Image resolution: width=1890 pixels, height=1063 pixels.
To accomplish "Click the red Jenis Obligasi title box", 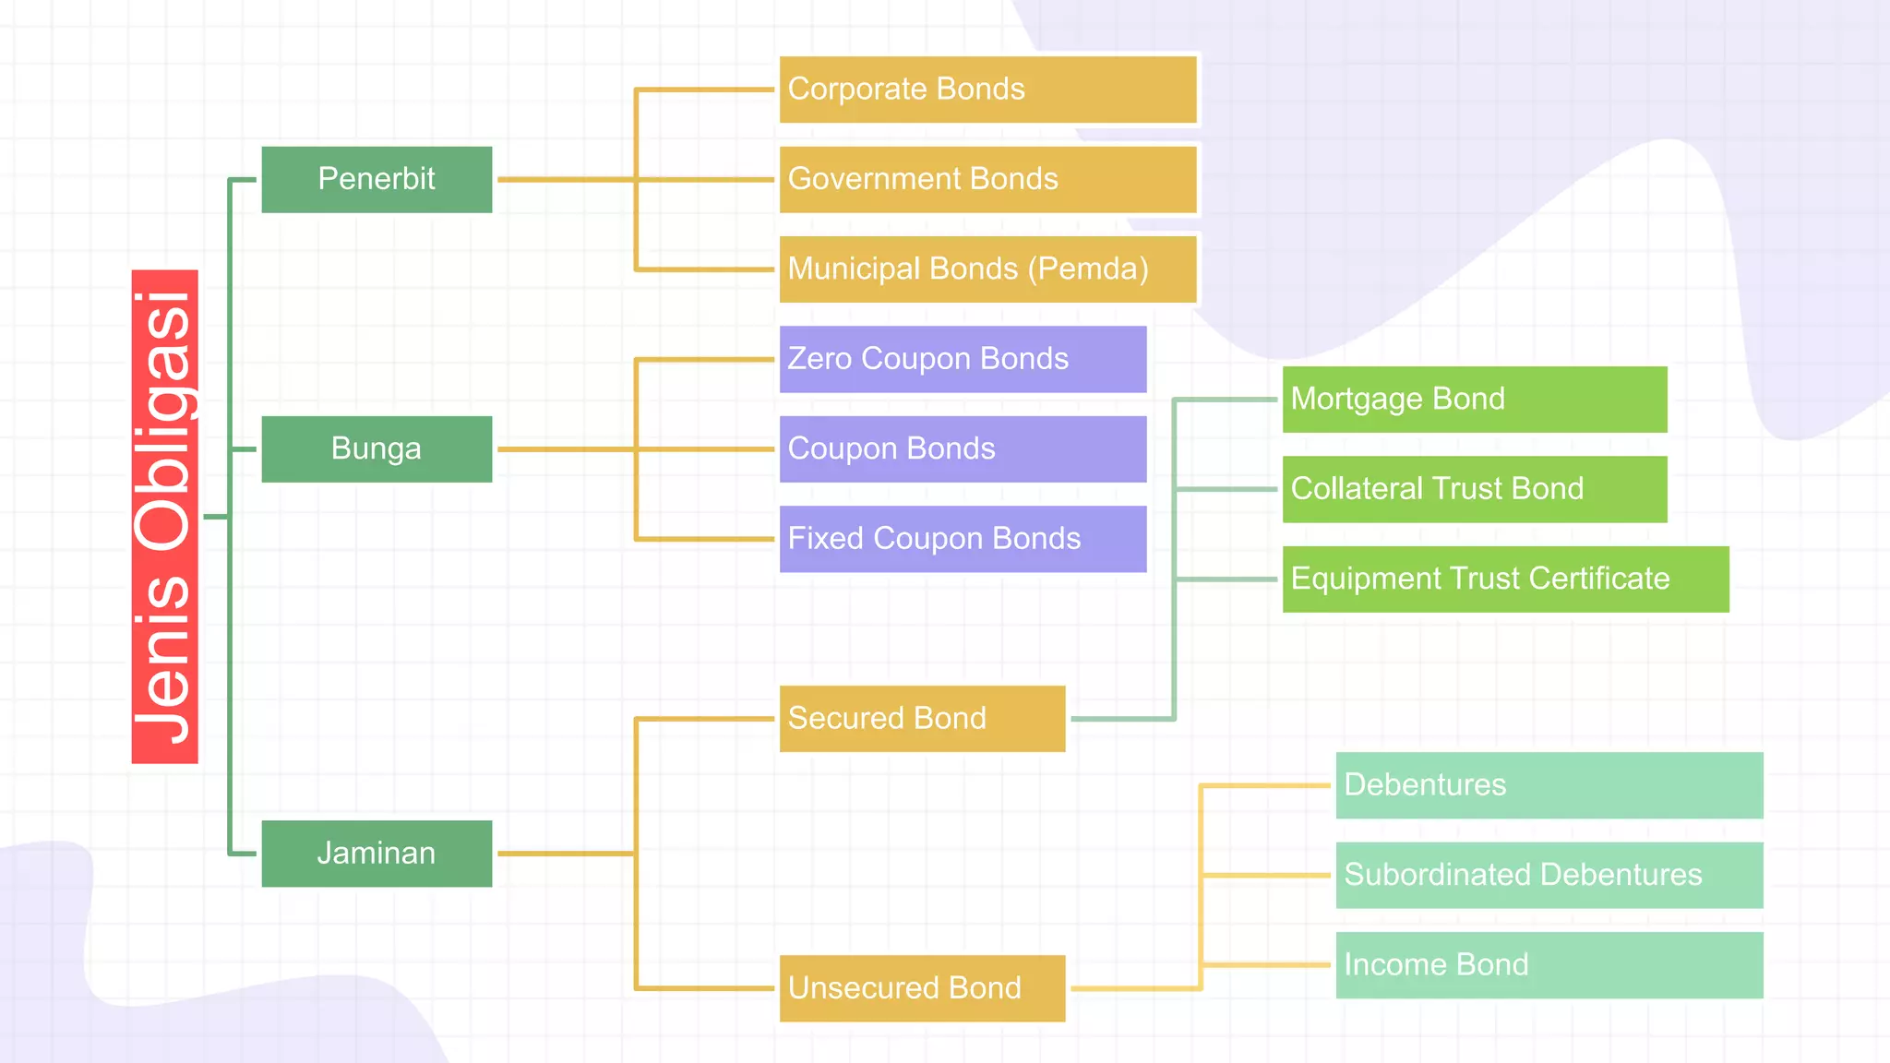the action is pos(164,517).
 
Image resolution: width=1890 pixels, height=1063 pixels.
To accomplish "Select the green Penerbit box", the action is pos(377,179).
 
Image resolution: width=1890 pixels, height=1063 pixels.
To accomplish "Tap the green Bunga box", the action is pos(377,449).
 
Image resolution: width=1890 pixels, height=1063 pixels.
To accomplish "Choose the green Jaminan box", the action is pos(377,854).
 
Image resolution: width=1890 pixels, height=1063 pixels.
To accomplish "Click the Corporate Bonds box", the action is pos(987,90).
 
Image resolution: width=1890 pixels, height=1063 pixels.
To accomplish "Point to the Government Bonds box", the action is pos(987,179).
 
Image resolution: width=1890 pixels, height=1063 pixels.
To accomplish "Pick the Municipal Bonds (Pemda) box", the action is pos(987,269).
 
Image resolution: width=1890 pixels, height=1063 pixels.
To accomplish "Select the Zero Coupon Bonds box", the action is pos(963,359).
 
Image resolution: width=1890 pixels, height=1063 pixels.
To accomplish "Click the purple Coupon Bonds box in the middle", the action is pos(963,449).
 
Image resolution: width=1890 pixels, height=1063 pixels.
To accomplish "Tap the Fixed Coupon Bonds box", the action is pos(963,539).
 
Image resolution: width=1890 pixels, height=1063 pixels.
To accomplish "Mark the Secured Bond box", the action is pos(922,719).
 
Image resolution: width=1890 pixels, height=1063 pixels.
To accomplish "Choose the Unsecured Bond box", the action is pos(922,988).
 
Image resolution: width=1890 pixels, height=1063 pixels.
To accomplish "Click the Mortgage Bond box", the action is pos(1474,400).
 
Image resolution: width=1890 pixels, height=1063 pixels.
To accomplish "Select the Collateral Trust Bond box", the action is pos(1474,489).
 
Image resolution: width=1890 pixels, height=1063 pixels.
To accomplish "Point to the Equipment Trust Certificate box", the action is pos(1505,579).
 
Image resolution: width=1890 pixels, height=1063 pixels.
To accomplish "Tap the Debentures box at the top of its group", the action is pos(1549,785).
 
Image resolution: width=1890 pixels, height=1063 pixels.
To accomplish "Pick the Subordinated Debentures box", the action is pos(1549,875).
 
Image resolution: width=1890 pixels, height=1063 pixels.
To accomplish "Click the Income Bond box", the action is pos(1549,965).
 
